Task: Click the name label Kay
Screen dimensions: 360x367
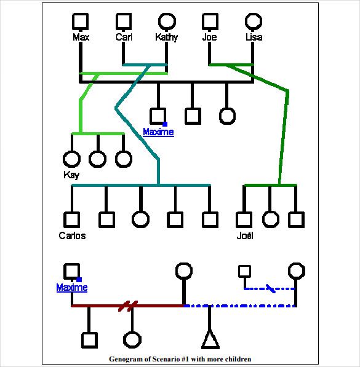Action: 71,175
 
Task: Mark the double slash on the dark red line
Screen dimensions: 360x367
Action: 128,306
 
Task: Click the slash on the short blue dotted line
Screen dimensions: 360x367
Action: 271,288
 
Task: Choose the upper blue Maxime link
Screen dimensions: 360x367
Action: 158,132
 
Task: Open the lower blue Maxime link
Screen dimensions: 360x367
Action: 72,287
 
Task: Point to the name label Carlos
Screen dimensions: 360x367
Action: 72,235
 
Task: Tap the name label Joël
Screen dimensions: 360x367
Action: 245,235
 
